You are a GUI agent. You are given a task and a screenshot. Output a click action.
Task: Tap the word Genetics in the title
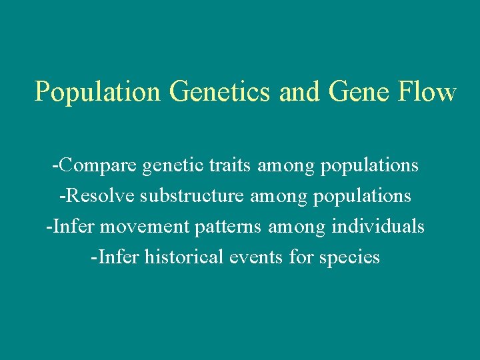[221, 93]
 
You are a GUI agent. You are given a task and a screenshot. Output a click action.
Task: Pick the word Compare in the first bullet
[97, 165]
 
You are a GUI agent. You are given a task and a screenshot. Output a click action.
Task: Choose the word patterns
[226, 227]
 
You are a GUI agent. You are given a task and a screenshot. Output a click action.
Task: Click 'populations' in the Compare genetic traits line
[369, 165]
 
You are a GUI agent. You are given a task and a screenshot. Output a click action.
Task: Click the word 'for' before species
[299, 257]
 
